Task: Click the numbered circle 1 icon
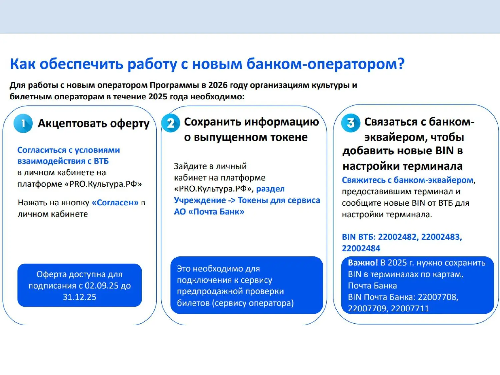23,123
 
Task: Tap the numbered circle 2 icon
171,123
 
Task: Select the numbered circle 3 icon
351,123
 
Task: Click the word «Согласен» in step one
115,202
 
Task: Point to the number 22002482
397,237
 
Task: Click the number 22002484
361,248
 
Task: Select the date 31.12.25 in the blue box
79,297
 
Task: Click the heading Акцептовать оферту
94,124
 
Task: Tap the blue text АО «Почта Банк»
209,212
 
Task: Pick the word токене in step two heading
289,137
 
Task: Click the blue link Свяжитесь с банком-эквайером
408,180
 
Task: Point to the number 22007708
438,297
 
